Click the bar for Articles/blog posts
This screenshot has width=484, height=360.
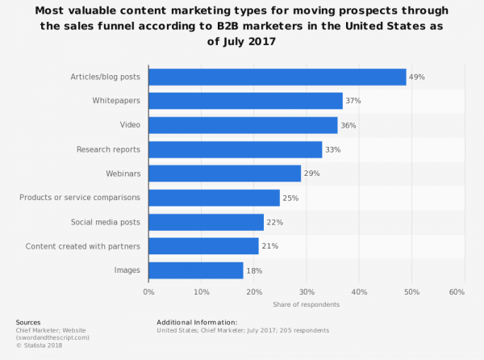pyautogui.click(x=277, y=77)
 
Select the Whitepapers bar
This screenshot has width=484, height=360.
pyautogui.click(x=245, y=101)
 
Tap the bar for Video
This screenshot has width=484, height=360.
pyautogui.click(x=243, y=125)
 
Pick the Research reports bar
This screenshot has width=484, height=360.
pyautogui.click(x=235, y=149)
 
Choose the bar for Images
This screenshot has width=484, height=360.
pyautogui.click(x=195, y=270)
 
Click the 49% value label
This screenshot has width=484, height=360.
pyautogui.click(x=417, y=77)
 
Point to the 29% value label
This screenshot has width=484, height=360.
pyautogui.click(x=312, y=174)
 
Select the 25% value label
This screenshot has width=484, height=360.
pyautogui.click(x=291, y=198)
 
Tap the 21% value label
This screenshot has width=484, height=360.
pyautogui.click(x=270, y=246)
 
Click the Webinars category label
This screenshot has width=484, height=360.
pyautogui.click(x=123, y=174)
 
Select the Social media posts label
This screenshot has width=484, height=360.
pyautogui.click(x=106, y=222)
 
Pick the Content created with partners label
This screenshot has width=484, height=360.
pyautogui.click(x=83, y=246)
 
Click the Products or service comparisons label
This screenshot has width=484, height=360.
pyautogui.click(x=80, y=198)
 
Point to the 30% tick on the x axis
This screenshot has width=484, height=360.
pyautogui.click(x=306, y=291)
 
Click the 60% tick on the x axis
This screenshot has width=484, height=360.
pyautogui.click(x=457, y=291)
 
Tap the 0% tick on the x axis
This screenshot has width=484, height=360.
pyautogui.click(x=148, y=291)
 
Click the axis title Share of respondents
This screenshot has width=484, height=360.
pyautogui.click(x=306, y=304)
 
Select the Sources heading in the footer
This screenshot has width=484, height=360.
pyautogui.click(x=28, y=322)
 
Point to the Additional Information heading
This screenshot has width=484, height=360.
pyautogui.click(x=197, y=322)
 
